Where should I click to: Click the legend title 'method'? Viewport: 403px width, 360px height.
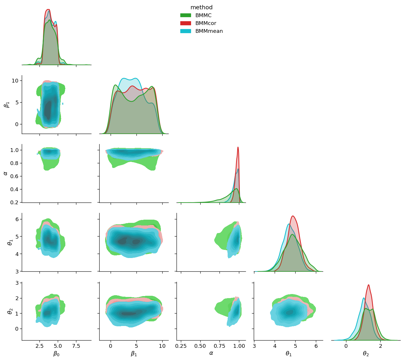[201, 8]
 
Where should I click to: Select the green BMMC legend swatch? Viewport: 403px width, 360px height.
[186, 15]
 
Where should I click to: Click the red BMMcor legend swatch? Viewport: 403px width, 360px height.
[186, 23]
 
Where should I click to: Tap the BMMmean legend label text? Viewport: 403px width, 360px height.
[209, 31]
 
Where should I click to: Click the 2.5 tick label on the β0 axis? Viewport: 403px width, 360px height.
[40, 346]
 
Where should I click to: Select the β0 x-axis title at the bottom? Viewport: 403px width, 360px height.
[56, 354]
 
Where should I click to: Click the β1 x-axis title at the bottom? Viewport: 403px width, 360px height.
[134, 354]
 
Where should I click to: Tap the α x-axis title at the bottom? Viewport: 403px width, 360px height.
[211, 354]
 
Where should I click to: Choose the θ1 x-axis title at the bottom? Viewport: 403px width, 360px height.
[289, 354]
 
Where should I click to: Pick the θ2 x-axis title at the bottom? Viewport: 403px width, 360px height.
[366, 354]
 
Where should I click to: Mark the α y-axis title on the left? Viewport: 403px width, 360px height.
[6, 173]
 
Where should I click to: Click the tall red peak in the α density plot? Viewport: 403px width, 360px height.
[238, 147]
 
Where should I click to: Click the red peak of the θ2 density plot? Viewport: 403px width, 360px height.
[368, 285]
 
